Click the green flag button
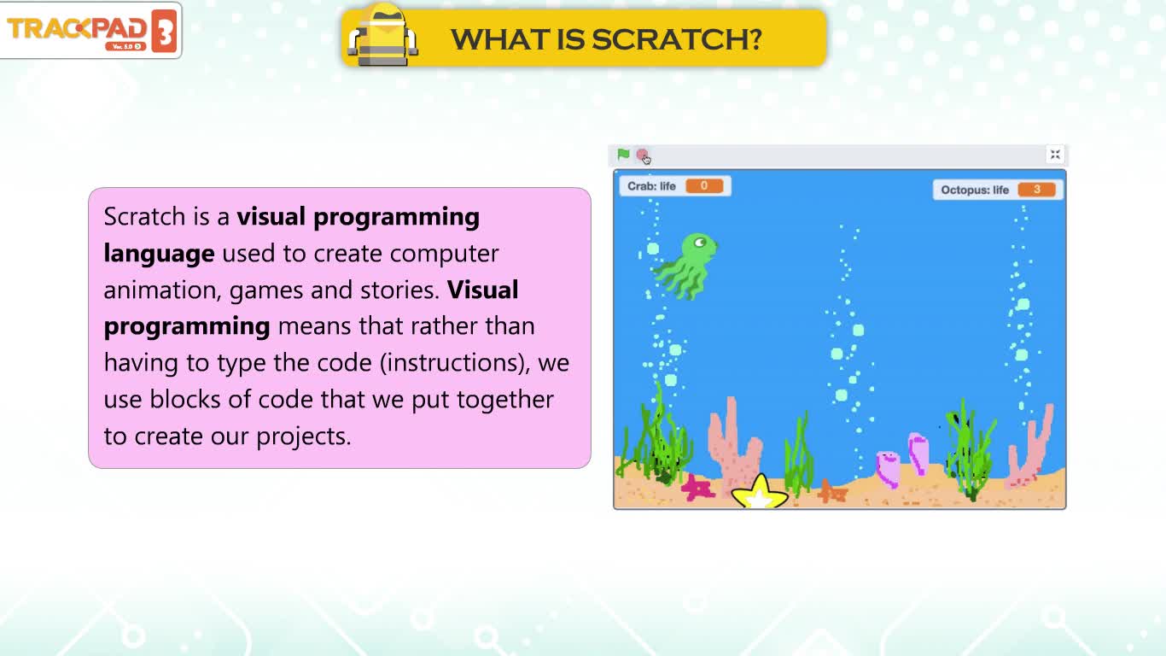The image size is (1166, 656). tap(623, 155)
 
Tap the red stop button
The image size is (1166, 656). tap(643, 155)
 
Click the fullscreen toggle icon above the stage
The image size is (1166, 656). tap(1055, 155)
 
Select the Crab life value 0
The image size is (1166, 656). tap(704, 186)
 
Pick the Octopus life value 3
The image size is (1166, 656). tap(1036, 190)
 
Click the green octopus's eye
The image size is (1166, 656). tap(700, 242)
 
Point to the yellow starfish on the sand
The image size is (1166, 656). tap(760, 492)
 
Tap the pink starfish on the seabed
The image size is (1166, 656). tap(697, 487)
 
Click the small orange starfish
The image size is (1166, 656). tap(831, 491)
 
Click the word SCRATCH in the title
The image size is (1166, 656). tap(677, 39)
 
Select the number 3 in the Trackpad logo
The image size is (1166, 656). tap(165, 31)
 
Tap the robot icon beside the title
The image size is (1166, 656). tap(382, 34)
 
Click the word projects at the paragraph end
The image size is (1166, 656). tap(304, 436)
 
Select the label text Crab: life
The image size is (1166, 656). tap(651, 186)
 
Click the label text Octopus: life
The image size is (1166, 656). tap(975, 190)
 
